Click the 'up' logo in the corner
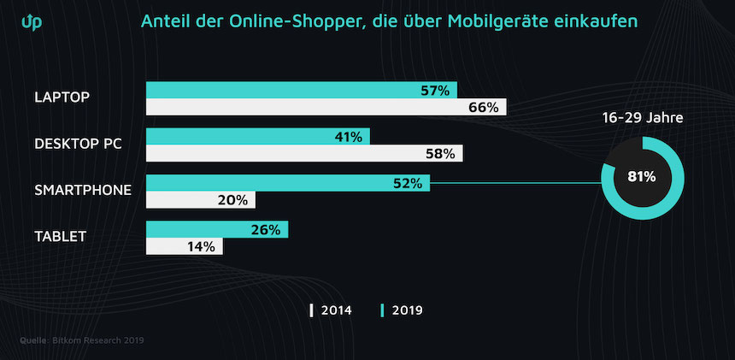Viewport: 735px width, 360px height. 31,21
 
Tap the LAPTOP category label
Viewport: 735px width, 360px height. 62,97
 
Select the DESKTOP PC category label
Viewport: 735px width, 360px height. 78,144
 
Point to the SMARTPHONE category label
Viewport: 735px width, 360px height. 82,189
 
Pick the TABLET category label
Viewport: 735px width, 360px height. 60,236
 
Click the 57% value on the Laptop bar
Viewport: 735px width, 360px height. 435,91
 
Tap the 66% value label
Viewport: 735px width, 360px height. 484,108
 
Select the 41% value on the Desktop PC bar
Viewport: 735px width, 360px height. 348,137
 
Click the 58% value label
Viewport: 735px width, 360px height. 441,154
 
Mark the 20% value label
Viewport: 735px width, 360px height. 232,200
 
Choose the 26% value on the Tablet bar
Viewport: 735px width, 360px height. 266,229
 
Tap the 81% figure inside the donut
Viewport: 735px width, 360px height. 641,177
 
